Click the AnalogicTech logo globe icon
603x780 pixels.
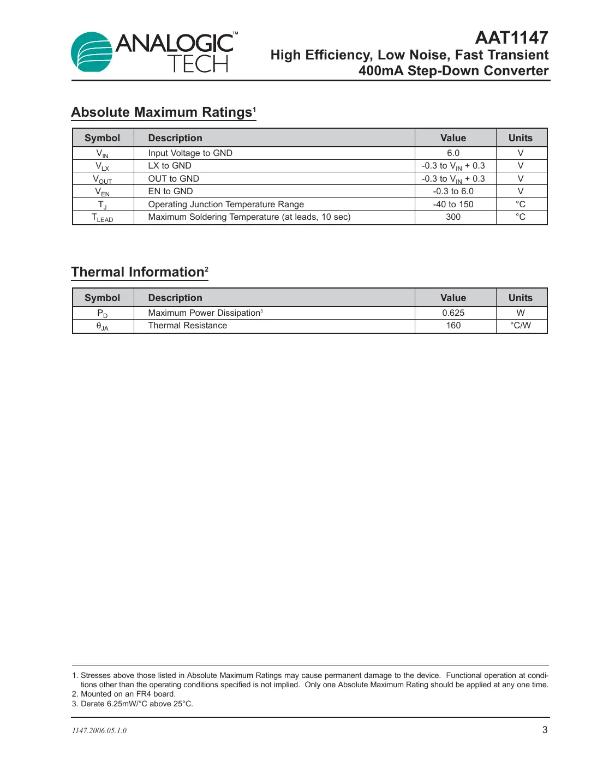pyautogui.click(x=91, y=52)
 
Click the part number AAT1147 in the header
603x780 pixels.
pyautogui.click(x=511, y=38)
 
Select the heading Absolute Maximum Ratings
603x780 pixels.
pyautogui.click(x=162, y=112)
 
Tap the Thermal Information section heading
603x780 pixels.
pyautogui.click(x=138, y=272)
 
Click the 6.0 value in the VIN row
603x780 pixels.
pyautogui.click(x=453, y=153)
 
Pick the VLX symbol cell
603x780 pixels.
pyautogui.click(x=102, y=166)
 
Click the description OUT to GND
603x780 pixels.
pyautogui.click(x=174, y=179)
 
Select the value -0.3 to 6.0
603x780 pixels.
pyautogui.click(x=453, y=191)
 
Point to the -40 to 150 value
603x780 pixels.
pyautogui.click(x=453, y=205)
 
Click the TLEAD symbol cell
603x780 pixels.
pyautogui.click(x=102, y=218)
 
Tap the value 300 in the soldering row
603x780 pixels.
pyautogui.click(x=453, y=217)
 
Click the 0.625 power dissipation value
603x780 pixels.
pyautogui.click(x=453, y=313)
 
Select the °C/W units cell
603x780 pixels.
pyautogui.click(x=520, y=326)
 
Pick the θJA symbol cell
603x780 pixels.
pyautogui.click(x=102, y=326)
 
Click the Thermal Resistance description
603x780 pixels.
pyautogui.click(x=187, y=326)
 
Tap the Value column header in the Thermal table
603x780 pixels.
pyautogui.click(x=453, y=298)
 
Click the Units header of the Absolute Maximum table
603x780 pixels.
pyautogui.click(x=520, y=138)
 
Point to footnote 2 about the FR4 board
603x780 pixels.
pyautogui.click(x=124, y=694)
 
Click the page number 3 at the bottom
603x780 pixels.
pyautogui.click(x=545, y=730)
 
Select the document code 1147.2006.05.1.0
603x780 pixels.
pyautogui.click(x=99, y=731)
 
